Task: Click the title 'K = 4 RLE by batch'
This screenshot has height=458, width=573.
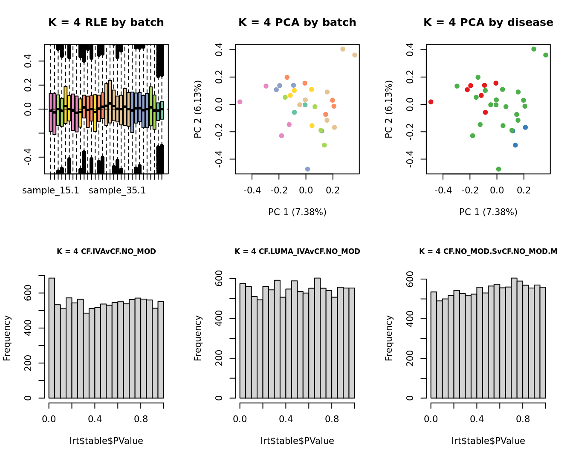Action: coord(106,23)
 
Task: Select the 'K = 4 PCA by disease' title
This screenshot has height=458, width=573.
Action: coord(488,23)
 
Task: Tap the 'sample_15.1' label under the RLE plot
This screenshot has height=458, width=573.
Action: coord(51,190)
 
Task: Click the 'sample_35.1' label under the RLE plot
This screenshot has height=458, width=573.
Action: coord(117,190)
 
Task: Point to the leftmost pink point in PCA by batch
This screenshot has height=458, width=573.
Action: coord(240,102)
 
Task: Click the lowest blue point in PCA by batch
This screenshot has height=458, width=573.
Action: coord(307,169)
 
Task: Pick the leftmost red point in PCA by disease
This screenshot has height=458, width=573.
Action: coord(431,102)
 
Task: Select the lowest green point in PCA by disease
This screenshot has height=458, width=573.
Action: coord(498,169)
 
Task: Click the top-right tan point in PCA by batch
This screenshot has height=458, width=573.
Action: coord(355,55)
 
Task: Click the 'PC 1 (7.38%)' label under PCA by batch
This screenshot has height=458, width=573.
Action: coord(297,212)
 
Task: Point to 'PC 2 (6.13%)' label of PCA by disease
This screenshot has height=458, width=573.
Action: coord(388,109)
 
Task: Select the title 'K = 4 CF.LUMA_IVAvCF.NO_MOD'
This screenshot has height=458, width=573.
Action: coord(297,251)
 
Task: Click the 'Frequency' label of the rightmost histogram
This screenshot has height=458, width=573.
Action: coord(388,338)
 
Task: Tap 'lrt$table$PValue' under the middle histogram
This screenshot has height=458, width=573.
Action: coord(297,441)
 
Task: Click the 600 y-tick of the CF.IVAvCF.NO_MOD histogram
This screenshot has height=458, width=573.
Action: coord(28,293)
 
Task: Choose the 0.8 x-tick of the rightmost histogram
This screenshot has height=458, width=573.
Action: coord(523,419)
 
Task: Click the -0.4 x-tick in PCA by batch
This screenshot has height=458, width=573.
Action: coord(252,190)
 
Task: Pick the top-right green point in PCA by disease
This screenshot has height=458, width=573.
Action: coord(546,55)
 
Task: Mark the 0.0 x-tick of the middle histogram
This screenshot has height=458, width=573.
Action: coord(240,419)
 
